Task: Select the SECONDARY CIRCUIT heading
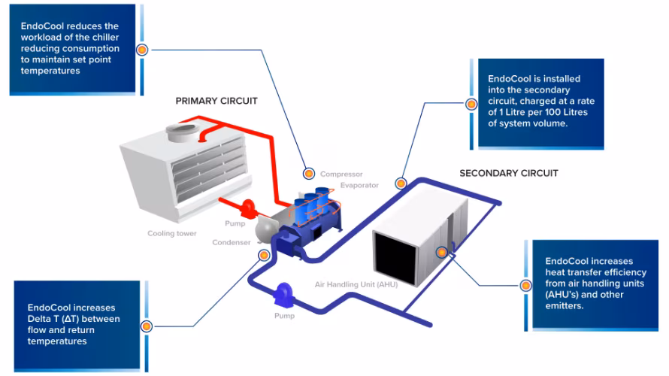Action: point(508,173)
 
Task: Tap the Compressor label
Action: point(341,174)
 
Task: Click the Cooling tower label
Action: point(171,234)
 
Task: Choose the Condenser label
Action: point(231,242)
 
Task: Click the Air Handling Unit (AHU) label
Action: point(356,285)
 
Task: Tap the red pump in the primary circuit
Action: point(248,205)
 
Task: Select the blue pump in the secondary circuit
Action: point(285,292)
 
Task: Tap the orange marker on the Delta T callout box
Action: point(146,326)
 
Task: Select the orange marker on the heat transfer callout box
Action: point(525,285)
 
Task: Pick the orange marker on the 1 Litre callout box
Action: point(471,104)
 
